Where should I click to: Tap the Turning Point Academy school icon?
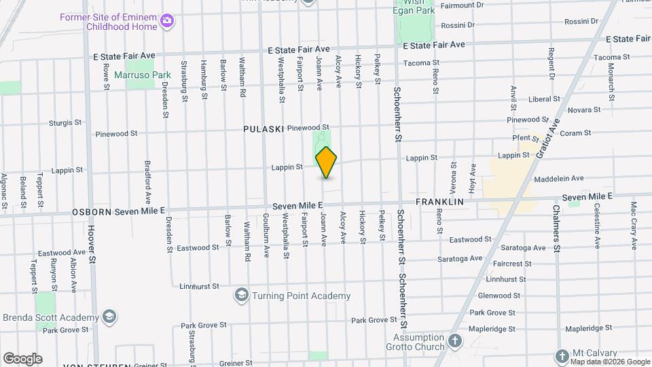click(x=241, y=296)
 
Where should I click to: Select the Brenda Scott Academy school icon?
click(x=109, y=317)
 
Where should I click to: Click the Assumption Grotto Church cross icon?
click(x=454, y=339)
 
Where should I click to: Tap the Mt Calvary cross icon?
click(x=562, y=355)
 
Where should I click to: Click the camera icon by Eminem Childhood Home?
click(x=166, y=22)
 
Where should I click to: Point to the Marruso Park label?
click(x=143, y=75)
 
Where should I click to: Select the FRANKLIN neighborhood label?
click(x=439, y=202)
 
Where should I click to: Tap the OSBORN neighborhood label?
click(x=92, y=212)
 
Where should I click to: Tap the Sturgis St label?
click(x=65, y=123)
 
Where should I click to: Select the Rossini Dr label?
click(x=457, y=25)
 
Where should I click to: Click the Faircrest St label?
click(x=513, y=264)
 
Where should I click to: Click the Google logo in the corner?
click(x=22, y=359)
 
